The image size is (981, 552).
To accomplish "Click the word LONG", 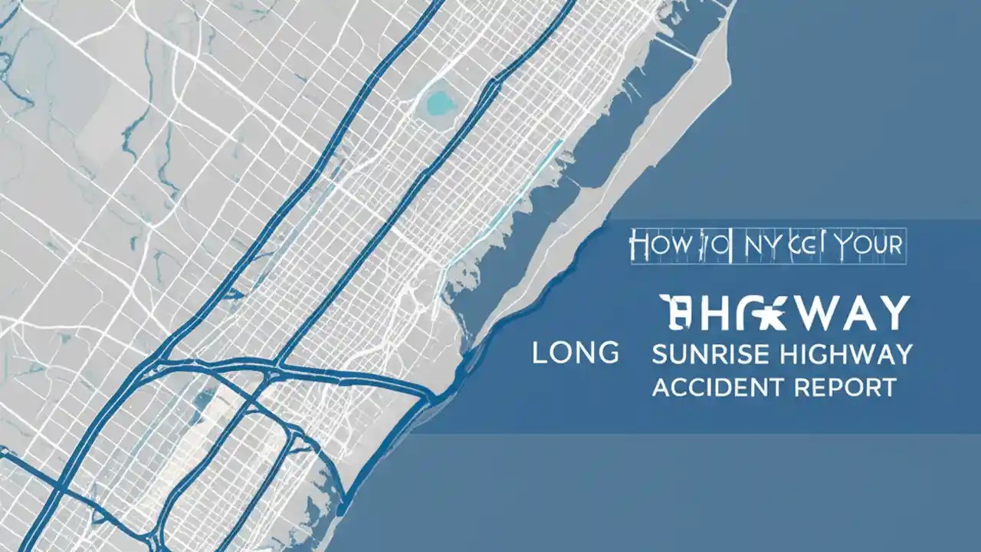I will click(575, 353).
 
